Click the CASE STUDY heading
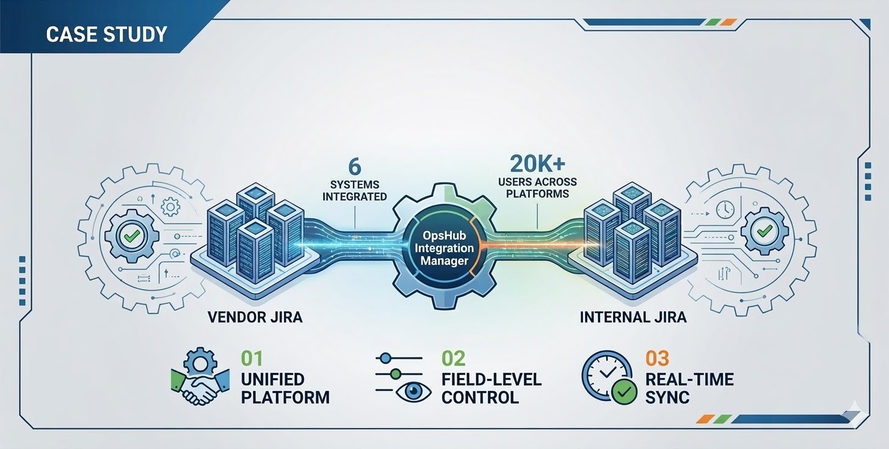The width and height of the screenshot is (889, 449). click(x=106, y=34)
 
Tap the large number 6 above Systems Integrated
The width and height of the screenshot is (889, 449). click(x=354, y=166)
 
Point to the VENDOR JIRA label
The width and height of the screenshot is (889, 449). click(x=255, y=317)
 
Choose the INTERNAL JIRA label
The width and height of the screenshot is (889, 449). click(x=633, y=317)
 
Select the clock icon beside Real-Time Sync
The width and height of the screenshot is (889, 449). click(x=606, y=375)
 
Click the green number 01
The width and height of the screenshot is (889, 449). click(x=252, y=359)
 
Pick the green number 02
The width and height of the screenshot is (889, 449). click(x=453, y=359)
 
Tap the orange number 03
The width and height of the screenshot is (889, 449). click(x=657, y=359)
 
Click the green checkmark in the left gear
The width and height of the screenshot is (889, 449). click(x=131, y=234)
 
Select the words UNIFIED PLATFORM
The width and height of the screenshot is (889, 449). click(x=285, y=388)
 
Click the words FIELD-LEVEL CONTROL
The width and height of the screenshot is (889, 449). click(x=491, y=388)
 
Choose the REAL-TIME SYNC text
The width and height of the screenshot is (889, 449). click(x=689, y=388)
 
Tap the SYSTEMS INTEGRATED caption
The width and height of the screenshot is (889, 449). click(x=354, y=190)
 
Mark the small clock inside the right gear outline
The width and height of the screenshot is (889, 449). click(x=725, y=209)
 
